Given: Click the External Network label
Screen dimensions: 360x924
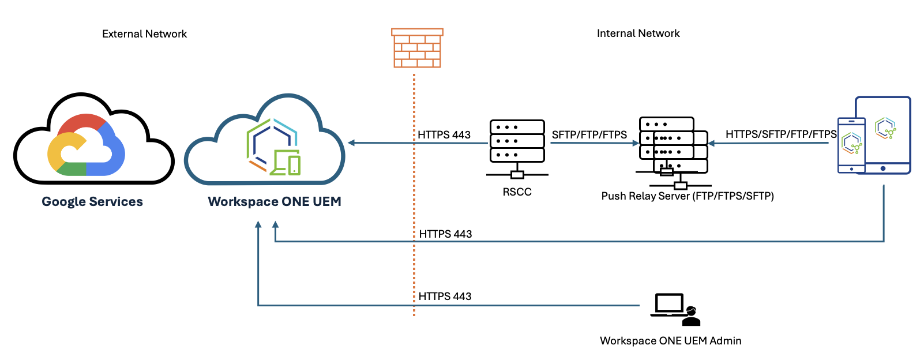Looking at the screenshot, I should tap(144, 34).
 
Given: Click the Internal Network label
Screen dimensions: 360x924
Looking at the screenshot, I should tap(638, 33).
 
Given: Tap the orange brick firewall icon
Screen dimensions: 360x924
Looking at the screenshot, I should tap(417, 48).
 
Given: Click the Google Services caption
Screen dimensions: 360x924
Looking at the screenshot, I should tap(92, 202).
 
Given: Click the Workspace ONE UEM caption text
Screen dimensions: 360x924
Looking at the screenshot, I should tap(275, 202).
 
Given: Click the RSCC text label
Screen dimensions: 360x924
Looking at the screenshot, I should tap(517, 192).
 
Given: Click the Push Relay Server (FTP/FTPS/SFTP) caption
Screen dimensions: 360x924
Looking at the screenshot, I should tap(688, 196).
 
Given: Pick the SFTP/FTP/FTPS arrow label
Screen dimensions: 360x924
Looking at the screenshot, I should tap(589, 135).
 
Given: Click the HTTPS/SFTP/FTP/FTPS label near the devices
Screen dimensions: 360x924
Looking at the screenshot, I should tap(781, 134).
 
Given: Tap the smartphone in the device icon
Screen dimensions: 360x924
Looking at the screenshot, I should tap(851, 145).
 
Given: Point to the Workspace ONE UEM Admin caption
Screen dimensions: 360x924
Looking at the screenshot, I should tap(670, 341).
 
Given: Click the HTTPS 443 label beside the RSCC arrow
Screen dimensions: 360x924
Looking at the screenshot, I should tap(444, 135).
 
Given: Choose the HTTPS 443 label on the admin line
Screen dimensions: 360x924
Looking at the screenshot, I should tap(445, 297).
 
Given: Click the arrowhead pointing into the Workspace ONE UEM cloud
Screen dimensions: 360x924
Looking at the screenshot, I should tap(351, 142).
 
